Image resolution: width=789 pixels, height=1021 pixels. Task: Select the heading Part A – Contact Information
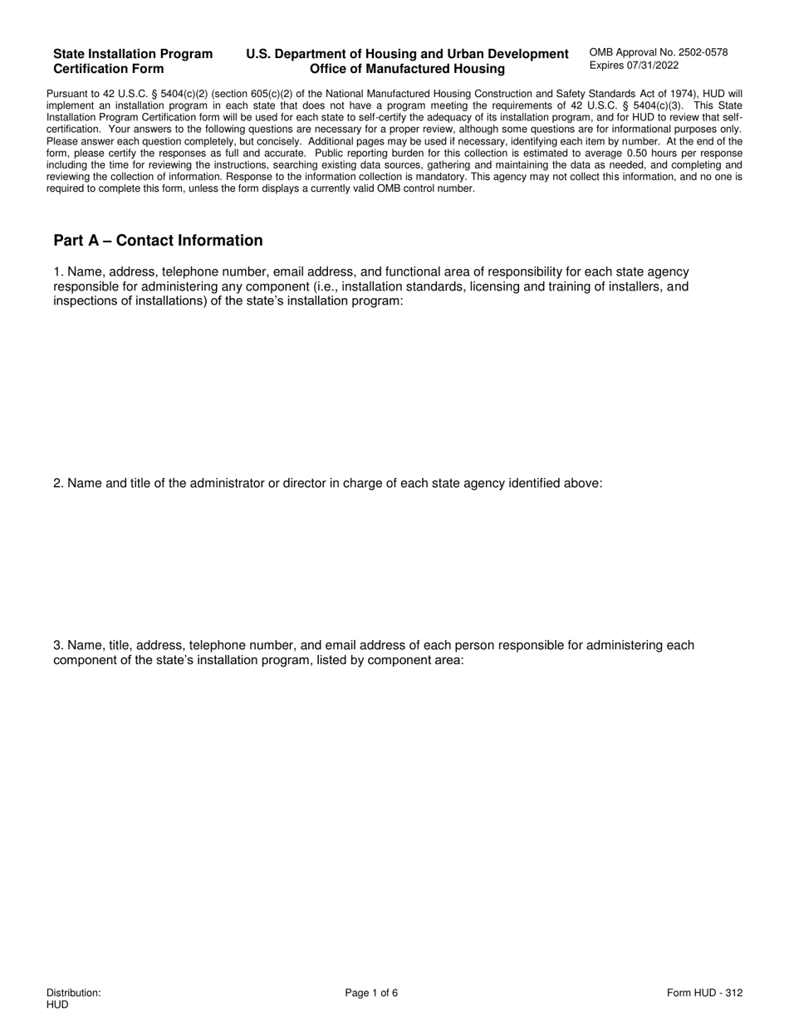click(x=158, y=241)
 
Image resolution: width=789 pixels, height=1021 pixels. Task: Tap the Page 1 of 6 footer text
click(x=371, y=993)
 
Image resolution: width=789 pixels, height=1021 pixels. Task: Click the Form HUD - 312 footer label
click(x=704, y=993)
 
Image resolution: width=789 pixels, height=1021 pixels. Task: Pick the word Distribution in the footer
click(x=74, y=993)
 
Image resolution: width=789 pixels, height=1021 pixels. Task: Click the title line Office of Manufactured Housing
click(x=407, y=69)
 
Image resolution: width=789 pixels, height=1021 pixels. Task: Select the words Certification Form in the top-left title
click(x=109, y=69)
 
